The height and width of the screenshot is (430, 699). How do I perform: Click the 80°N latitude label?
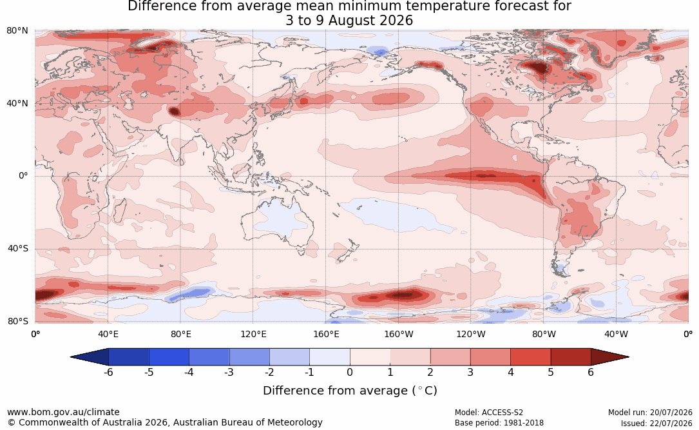(x=17, y=31)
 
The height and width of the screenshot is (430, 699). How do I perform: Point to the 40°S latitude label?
(x=17, y=248)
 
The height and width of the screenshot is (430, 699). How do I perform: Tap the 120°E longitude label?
(x=254, y=334)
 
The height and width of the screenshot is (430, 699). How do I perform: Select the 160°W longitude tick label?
(x=399, y=334)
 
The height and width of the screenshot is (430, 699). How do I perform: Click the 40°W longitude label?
(x=616, y=334)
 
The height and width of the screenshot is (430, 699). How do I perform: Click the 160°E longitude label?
(x=327, y=334)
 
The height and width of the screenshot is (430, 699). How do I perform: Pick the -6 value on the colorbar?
(x=108, y=372)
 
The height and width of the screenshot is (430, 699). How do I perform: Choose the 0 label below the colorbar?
(x=350, y=372)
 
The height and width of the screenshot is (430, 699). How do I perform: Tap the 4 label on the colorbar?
(x=510, y=372)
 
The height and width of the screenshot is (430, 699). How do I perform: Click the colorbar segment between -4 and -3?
(x=209, y=357)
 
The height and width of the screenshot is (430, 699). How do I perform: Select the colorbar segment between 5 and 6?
(x=571, y=357)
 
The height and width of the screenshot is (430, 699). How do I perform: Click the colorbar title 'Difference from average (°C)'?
(x=350, y=391)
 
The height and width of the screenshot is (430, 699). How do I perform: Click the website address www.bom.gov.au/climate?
(x=63, y=412)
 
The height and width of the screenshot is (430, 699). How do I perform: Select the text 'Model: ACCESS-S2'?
(x=488, y=413)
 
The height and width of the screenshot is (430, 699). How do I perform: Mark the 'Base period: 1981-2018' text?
(x=499, y=423)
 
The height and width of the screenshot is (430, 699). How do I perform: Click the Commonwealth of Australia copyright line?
(x=164, y=422)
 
